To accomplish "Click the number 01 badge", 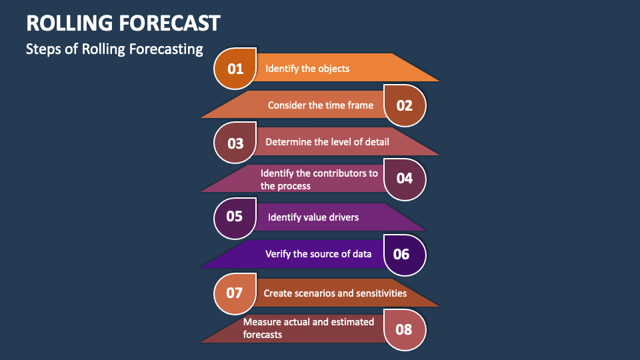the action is tap(235, 69).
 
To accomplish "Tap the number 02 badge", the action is tap(405, 105).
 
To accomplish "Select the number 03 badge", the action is tap(235, 143).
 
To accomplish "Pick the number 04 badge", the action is tap(405, 179).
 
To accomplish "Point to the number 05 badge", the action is tap(235, 218).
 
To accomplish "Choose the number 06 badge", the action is tap(405, 255).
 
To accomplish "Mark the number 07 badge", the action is tap(235, 293).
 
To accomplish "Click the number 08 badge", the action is tap(405, 330).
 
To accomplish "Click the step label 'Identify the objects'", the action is tap(307, 69).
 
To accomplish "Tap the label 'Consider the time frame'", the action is tap(321, 105).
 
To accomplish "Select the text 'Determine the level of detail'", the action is tap(327, 142).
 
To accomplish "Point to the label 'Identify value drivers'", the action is tap(313, 217).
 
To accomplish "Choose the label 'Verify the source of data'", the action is tap(319, 254).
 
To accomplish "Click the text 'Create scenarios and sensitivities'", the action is tap(335, 293).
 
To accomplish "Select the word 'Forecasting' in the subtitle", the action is tap(166, 49).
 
